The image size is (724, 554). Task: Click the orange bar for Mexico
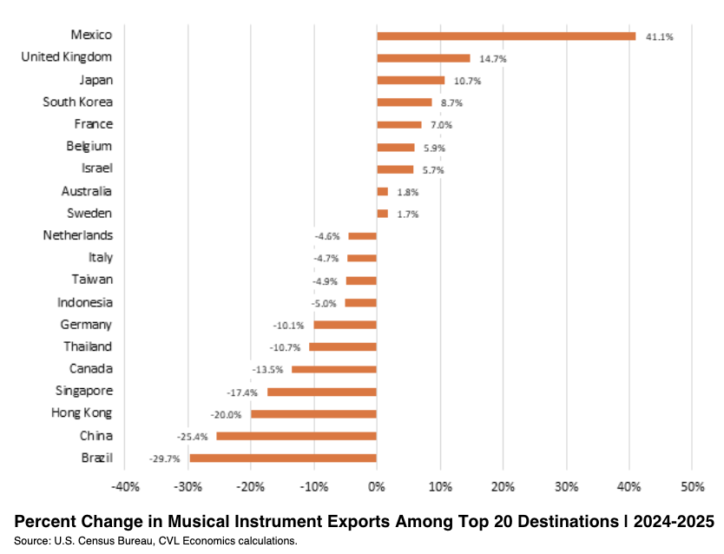pos(506,36)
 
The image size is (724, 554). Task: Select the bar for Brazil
pos(283,458)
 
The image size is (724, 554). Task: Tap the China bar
pos(296,436)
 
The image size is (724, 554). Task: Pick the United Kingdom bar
pos(423,58)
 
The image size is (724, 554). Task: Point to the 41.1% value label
pos(659,37)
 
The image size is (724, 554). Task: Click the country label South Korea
pos(77,102)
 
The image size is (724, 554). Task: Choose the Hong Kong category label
pos(82,412)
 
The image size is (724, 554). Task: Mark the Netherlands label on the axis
pos(77,235)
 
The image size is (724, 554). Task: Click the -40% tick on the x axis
pos(125,485)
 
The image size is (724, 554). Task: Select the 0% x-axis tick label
pos(377,485)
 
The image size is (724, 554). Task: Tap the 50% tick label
pos(691,485)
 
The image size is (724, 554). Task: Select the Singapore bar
pos(322,392)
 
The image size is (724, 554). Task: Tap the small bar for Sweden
pos(382,214)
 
